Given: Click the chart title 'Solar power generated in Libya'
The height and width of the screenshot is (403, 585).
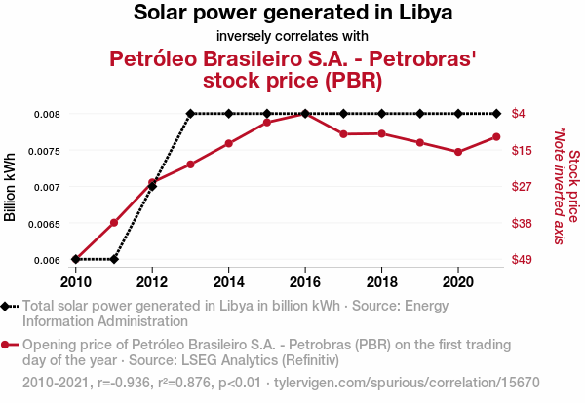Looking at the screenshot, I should [x=292, y=14].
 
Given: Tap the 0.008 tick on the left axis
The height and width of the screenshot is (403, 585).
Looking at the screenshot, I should [x=47, y=114].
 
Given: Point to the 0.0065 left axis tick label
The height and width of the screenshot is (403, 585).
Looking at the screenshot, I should [x=43, y=224].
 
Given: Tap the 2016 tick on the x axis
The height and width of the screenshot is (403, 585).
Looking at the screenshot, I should [x=305, y=281].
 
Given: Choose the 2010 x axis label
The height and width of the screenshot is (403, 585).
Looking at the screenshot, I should [x=75, y=281].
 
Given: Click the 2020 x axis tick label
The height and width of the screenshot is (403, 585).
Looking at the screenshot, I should [x=458, y=281].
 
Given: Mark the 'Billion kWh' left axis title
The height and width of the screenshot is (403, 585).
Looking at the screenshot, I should [x=11, y=187].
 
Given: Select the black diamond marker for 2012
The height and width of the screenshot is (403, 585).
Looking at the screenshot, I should [x=152, y=186].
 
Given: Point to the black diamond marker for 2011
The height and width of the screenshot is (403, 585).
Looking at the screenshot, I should [x=114, y=259].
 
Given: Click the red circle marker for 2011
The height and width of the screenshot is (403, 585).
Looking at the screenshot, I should [x=114, y=223].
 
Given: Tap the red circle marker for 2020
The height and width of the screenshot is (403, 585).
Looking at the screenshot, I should [x=458, y=152].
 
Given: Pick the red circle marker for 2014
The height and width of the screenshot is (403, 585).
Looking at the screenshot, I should [x=228, y=143].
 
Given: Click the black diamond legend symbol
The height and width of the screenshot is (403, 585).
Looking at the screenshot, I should [x=9, y=307].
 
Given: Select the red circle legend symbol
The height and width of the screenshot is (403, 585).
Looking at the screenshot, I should [x=9, y=345].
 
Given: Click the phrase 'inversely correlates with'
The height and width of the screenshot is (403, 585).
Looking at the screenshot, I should [x=292, y=36].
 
